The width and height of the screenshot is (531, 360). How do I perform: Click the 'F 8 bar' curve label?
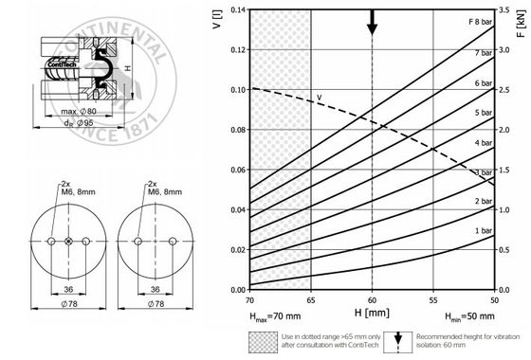click(x=480, y=22)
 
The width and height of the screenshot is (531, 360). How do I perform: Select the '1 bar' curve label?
click(x=484, y=231)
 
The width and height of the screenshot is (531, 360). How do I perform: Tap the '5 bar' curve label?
click(x=484, y=113)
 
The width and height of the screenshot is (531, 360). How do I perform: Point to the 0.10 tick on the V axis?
click(x=238, y=90)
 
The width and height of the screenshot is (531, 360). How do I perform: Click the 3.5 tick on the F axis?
click(x=504, y=9)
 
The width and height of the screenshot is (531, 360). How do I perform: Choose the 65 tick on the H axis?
click(x=311, y=300)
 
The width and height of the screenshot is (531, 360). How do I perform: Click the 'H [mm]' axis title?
click(x=372, y=313)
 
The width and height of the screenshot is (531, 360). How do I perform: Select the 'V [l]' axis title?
click(x=217, y=20)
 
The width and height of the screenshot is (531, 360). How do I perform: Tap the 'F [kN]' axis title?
click(x=522, y=23)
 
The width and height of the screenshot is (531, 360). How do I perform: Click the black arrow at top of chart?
click(x=372, y=23)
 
